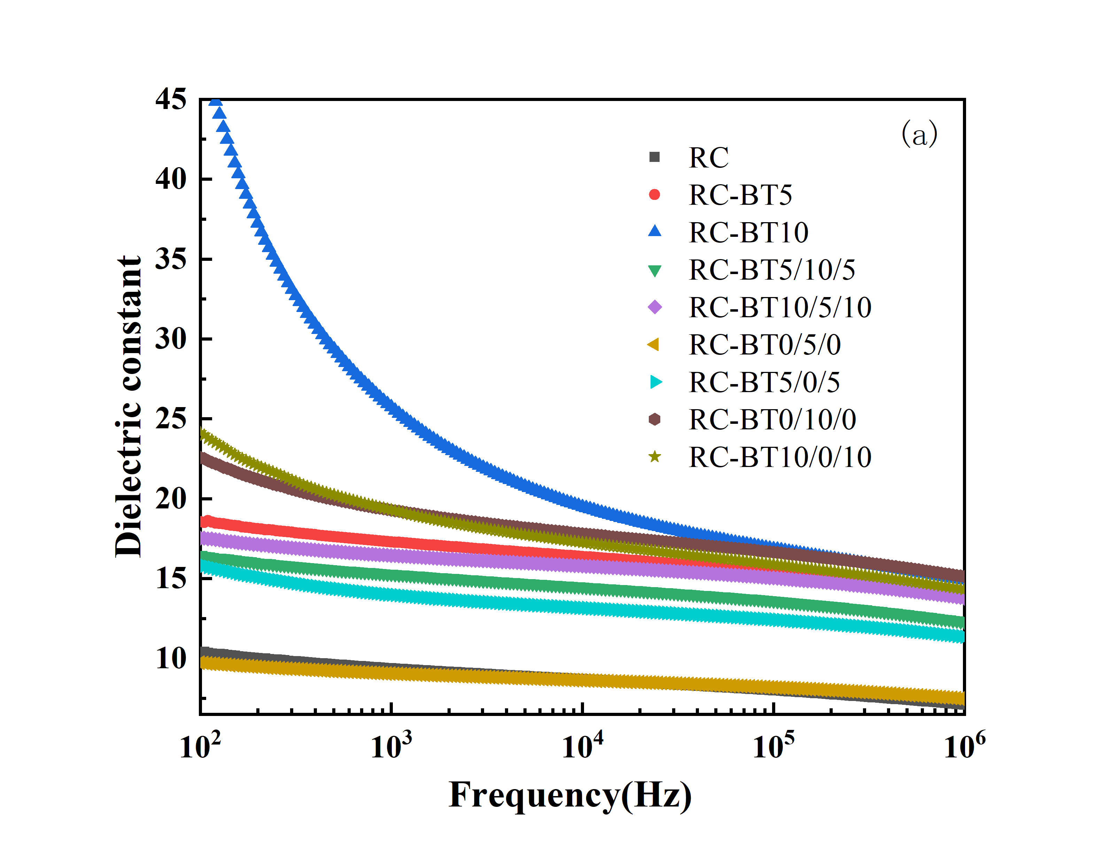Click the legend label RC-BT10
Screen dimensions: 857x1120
748,233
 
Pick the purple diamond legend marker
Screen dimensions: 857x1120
654,307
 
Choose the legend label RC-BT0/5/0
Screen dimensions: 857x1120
764,345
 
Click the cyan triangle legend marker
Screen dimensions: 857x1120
655,382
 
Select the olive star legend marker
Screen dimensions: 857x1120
654,457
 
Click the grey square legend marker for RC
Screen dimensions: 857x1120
654,157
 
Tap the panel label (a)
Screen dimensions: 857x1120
919,134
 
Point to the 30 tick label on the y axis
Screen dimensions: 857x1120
171,339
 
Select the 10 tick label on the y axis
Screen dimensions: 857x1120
171,659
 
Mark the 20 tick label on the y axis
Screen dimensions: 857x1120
171,499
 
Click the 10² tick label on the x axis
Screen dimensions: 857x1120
200,746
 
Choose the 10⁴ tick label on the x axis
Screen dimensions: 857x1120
582,746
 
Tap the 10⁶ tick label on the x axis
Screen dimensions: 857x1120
964,746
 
